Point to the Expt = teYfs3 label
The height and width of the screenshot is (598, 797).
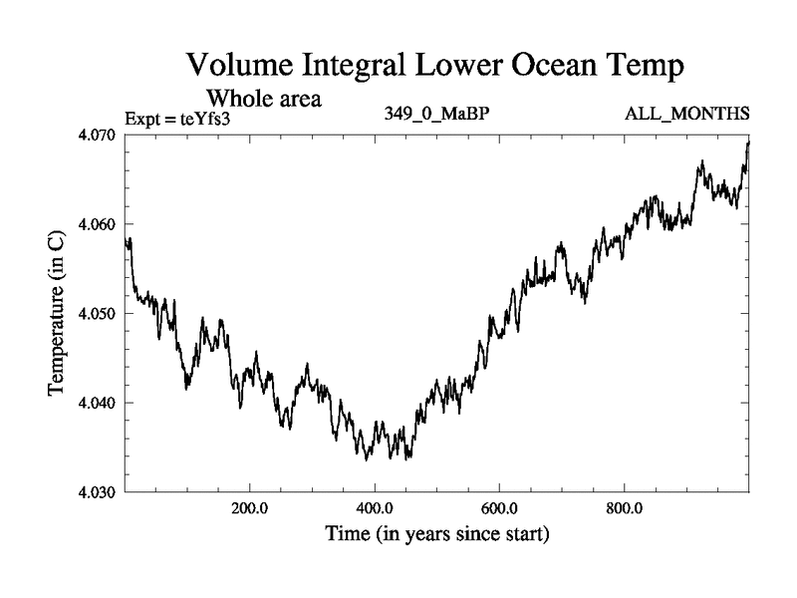pos(177,118)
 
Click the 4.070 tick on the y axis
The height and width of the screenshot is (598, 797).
pos(99,135)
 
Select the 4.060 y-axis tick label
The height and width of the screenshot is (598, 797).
pos(99,224)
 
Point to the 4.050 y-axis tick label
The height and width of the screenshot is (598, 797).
pos(99,314)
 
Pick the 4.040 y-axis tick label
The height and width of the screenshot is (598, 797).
pos(99,404)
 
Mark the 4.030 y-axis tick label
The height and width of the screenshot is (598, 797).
pos(99,492)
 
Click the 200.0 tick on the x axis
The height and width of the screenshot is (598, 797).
pos(249,508)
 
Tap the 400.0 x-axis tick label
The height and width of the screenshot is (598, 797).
pos(375,508)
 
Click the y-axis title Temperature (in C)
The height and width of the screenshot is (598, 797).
pos(58,314)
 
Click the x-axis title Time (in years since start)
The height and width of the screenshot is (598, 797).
pos(436,535)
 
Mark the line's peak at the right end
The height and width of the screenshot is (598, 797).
pos(748,143)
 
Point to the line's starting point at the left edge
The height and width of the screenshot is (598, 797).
pos(127,240)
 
